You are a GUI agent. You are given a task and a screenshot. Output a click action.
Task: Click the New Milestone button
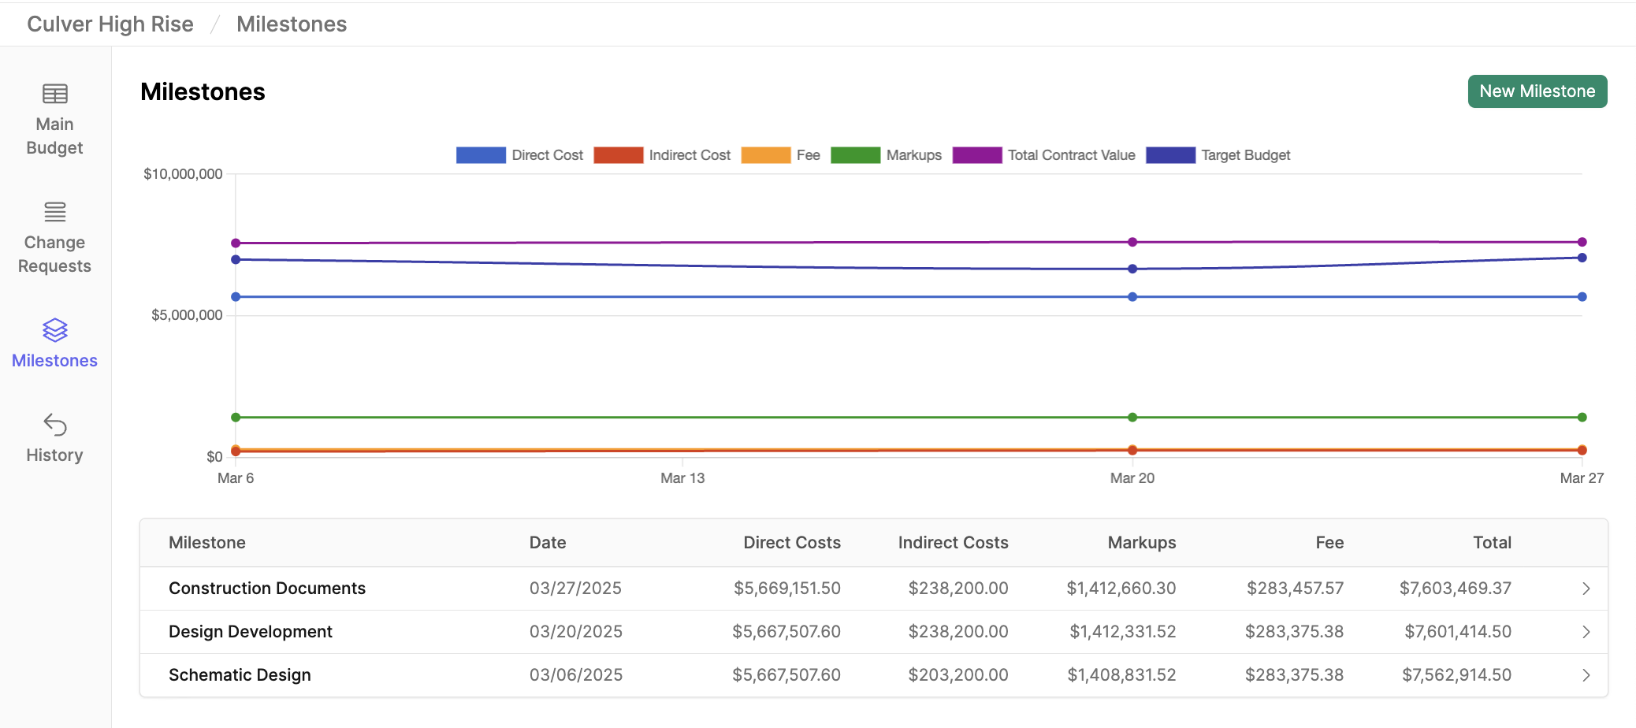1537,91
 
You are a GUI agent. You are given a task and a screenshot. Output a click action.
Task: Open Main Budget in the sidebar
54,119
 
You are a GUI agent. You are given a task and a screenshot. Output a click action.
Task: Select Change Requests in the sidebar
54,237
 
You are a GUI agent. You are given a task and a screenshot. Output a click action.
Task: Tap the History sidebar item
54,438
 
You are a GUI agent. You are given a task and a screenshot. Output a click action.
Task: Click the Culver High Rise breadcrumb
110,24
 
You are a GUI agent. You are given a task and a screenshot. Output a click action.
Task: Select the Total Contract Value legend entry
1043,155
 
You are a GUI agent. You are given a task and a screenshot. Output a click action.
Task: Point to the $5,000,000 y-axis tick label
187,315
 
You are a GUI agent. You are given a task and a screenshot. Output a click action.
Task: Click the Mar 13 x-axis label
682,478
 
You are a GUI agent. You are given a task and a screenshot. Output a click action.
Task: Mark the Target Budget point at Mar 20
1132,269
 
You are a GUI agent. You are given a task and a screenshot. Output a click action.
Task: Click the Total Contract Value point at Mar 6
236,243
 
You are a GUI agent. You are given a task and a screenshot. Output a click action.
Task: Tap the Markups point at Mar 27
1582,417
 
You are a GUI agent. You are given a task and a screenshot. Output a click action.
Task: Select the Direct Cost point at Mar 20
1132,297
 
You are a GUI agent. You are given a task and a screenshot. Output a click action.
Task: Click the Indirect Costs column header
953,543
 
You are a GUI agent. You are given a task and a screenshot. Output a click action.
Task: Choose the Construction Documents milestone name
267,589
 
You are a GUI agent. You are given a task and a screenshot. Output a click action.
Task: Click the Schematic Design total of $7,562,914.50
1456,675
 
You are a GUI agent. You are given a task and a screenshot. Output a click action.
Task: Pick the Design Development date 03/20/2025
575,632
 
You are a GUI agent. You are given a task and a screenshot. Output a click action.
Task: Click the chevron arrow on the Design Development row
1586,632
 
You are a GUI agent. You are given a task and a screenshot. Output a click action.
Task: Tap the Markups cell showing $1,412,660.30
1121,589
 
